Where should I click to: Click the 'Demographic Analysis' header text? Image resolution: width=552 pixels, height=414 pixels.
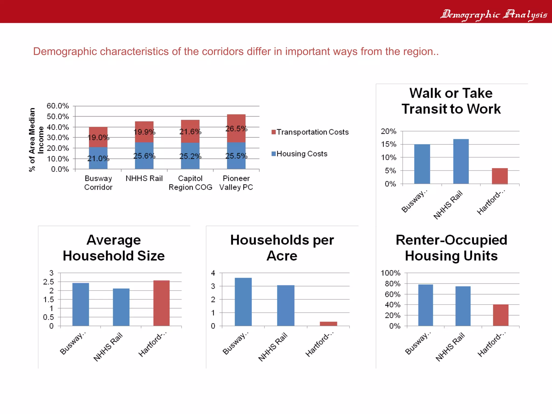click(494, 14)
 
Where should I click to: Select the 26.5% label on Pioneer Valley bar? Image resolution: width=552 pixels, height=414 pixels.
click(236, 129)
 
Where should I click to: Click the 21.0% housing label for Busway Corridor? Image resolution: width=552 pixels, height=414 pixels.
click(98, 158)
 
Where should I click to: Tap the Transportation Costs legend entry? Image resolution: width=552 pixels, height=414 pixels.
click(310, 132)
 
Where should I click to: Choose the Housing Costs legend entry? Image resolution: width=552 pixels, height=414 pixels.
click(299, 154)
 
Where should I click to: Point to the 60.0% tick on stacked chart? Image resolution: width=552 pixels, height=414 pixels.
click(58, 106)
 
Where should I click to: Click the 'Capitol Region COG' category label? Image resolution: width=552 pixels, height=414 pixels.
click(190, 183)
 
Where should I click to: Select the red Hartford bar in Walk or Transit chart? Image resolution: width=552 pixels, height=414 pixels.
click(500, 176)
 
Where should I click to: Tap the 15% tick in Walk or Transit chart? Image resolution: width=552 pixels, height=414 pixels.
click(388, 144)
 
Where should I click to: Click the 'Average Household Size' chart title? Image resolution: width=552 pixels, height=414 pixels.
click(114, 248)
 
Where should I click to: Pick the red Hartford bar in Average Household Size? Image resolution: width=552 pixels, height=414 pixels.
click(161, 303)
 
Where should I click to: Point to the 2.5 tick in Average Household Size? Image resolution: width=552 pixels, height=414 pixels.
click(49, 282)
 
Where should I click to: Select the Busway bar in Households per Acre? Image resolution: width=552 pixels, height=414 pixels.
click(243, 302)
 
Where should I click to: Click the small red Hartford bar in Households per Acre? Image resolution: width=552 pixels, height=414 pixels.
click(328, 324)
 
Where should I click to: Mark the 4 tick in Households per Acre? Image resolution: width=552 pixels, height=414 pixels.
click(213, 273)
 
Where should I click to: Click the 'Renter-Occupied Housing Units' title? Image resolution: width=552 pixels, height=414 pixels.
click(451, 248)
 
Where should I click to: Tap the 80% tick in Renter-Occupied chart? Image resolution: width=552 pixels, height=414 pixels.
click(392, 284)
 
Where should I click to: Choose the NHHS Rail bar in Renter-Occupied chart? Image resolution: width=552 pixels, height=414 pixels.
click(463, 306)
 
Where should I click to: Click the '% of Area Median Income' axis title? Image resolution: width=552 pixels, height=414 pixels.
click(36, 140)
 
